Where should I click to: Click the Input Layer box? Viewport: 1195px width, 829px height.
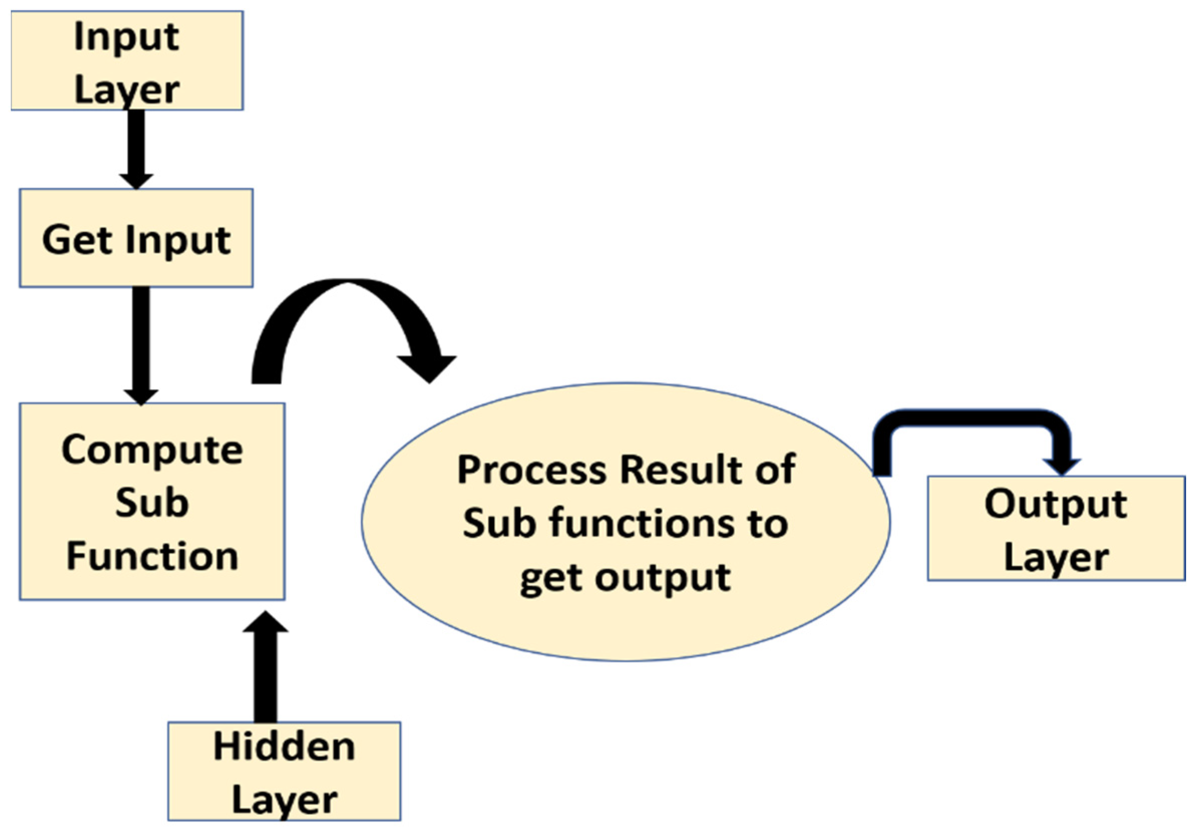(127, 60)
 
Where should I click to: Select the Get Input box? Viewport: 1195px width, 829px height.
(136, 238)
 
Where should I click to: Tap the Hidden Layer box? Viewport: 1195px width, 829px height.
(284, 771)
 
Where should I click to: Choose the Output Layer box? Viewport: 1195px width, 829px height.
(1056, 528)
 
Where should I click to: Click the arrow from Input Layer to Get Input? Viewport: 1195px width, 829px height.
(136, 148)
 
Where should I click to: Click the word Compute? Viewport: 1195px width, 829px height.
(152, 450)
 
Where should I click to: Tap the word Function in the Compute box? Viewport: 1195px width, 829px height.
(152, 557)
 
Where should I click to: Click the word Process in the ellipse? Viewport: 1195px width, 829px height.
(532, 470)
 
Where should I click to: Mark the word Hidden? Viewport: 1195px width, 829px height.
(284, 747)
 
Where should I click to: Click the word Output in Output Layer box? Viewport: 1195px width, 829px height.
(1055, 504)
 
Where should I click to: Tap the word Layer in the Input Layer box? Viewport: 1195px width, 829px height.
(127, 90)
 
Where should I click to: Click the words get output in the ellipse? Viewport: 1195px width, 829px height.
(626, 578)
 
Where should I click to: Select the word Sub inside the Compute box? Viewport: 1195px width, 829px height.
(151, 503)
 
